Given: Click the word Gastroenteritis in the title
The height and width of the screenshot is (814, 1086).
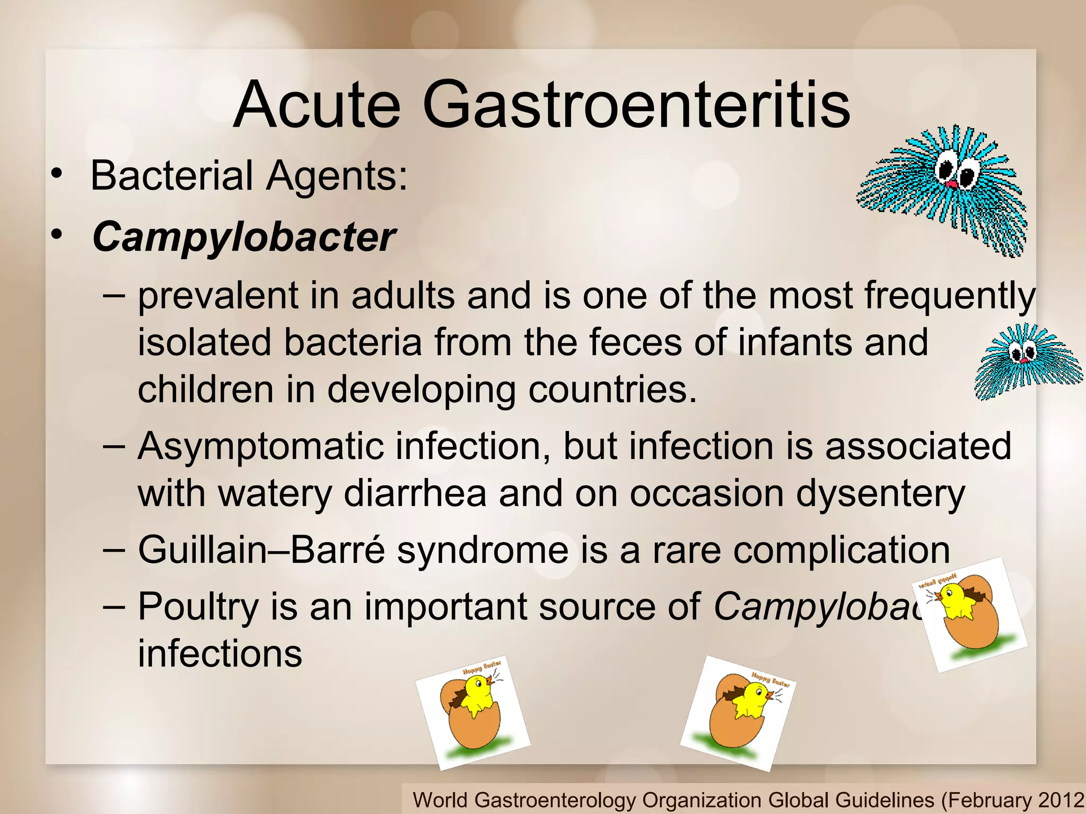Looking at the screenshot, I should (x=636, y=104).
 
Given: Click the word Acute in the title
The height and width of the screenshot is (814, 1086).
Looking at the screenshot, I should (x=317, y=104).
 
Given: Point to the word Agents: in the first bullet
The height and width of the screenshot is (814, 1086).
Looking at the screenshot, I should (x=337, y=176).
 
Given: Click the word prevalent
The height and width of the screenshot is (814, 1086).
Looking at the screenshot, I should (x=217, y=295).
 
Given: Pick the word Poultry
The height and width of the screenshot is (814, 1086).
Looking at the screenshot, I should (x=198, y=606).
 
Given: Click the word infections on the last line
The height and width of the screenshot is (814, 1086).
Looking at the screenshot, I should (x=220, y=653).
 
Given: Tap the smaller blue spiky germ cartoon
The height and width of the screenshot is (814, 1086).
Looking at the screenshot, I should (x=1026, y=362).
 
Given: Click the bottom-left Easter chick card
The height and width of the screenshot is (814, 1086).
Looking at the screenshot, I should (x=472, y=713).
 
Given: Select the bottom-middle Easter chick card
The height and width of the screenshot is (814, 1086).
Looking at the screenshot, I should (x=738, y=713).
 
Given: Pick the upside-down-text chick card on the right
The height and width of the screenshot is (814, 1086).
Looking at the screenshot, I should (x=969, y=615).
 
